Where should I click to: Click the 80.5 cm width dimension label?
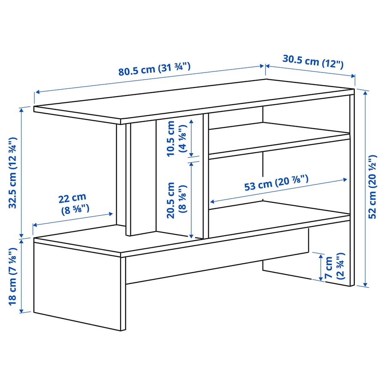(154, 69)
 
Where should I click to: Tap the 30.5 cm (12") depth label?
(313, 61)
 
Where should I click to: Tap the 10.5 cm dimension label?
(176, 138)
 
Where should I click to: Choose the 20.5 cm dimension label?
(176, 200)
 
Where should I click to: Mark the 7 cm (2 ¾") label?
(335, 267)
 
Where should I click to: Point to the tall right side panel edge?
(352, 189)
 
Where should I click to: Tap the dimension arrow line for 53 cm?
(279, 190)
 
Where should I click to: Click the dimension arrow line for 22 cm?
(73, 219)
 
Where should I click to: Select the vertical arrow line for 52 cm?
(365, 189)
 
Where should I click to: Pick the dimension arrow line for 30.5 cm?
(311, 71)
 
